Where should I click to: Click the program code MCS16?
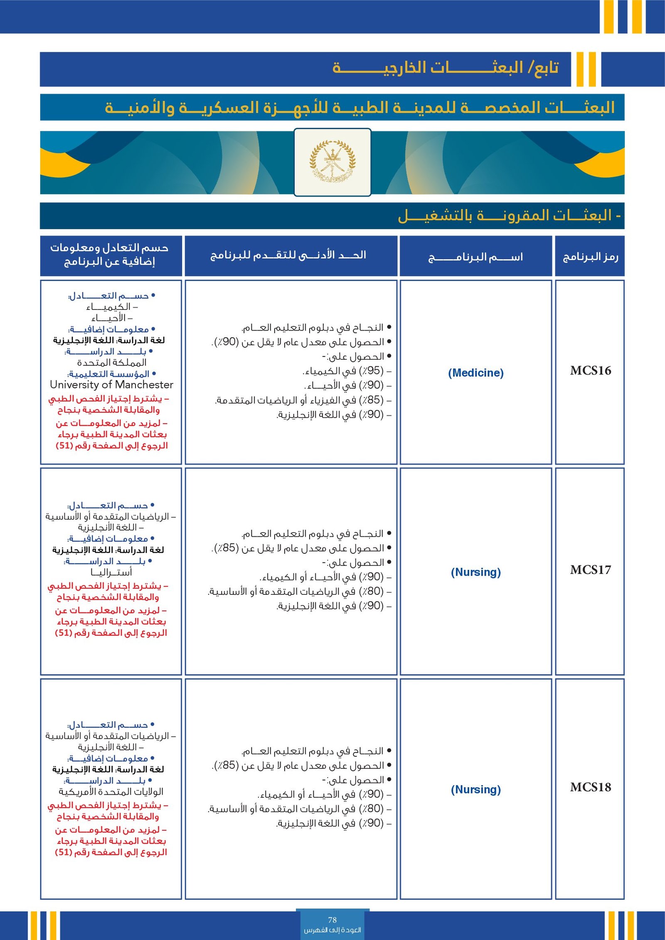[x=590, y=371]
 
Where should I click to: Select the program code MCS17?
[x=590, y=570]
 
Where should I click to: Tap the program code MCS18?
[x=590, y=787]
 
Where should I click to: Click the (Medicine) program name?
[x=475, y=373]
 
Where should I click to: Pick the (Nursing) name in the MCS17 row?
[x=475, y=572]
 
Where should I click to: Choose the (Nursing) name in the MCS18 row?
[x=475, y=789]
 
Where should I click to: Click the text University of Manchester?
[x=111, y=385]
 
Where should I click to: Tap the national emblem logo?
[x=332, y=162]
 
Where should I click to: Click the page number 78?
[x=332, y=920]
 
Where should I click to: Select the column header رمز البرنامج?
[x=590, y=257]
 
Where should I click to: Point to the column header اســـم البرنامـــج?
[x=475, y=257]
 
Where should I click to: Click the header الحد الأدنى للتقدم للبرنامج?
[x=288, y=255]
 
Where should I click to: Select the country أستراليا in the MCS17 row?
[x=111, y=572]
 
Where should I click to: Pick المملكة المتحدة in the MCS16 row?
[x=111, y=363]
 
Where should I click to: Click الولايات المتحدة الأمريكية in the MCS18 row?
[x=111, y=791]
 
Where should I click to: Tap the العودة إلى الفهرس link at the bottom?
[x=332, y=930]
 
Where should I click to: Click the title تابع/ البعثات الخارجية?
[x=445, y=68]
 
